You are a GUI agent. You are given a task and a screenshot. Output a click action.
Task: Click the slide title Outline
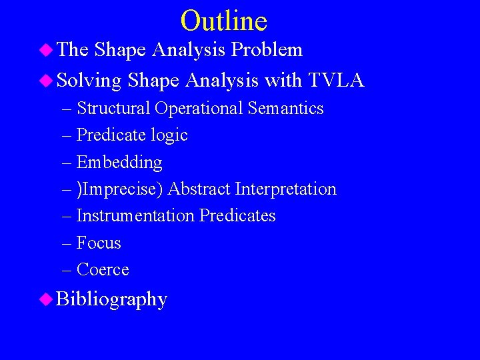tap(223, 21)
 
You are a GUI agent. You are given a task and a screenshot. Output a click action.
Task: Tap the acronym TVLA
tap(336, 81)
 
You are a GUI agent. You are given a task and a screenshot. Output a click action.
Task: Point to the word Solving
tap(89, 81)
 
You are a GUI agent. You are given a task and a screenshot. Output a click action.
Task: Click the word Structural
tap(113, 108)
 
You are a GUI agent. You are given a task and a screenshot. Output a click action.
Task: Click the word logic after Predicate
tap(169, 135)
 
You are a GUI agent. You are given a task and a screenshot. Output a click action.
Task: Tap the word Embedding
tap(119, 163)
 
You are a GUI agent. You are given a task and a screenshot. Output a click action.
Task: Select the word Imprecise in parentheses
tap(123, 189)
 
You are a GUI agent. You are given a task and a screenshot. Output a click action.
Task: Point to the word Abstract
tap(199, 189)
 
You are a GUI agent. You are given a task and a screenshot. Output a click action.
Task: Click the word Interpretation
tap(286, 189)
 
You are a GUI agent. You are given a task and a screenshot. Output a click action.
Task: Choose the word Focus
tap(99, 243)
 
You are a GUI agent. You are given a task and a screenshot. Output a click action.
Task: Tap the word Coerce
tap(103, 269)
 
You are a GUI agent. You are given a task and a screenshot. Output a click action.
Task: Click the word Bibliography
tap(111, 299)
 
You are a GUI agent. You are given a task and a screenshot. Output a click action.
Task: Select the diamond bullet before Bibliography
tap(46, 299)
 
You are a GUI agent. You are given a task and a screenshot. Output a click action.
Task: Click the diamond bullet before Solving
tap(46, 81)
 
